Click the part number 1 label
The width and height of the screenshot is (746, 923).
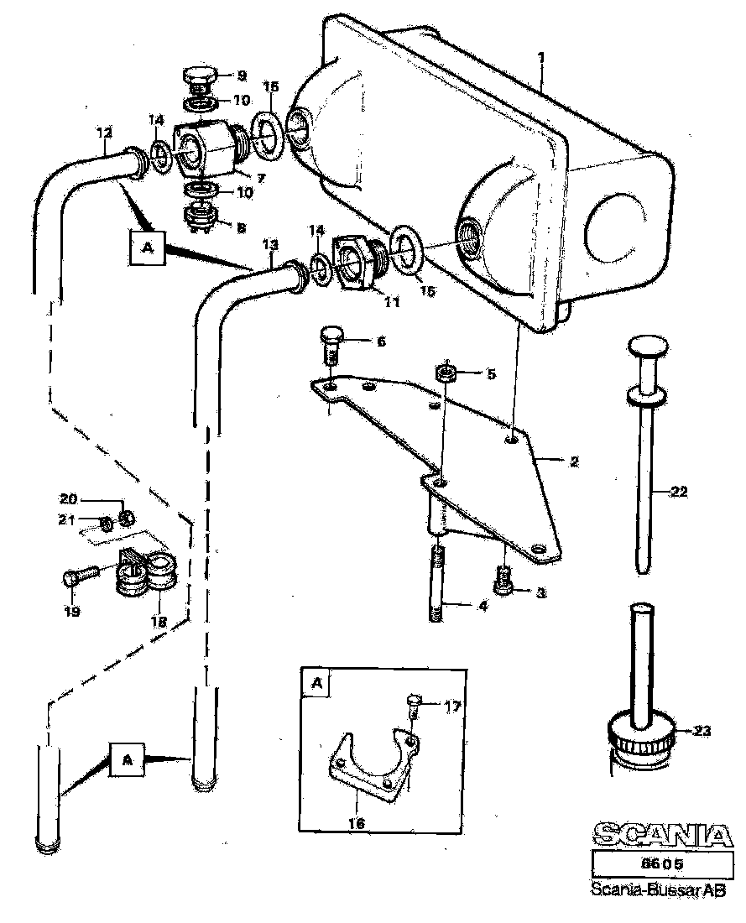click(x=542, y=58)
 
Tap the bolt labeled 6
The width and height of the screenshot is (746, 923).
click(x=331, y=342)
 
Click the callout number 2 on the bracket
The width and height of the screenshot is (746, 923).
click(x=574, y=461)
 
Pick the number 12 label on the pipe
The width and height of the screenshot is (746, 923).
click(x=104, y=132)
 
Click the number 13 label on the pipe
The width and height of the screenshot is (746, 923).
click(x=269, y=243)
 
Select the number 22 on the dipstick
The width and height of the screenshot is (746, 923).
click(x=679, y=493)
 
